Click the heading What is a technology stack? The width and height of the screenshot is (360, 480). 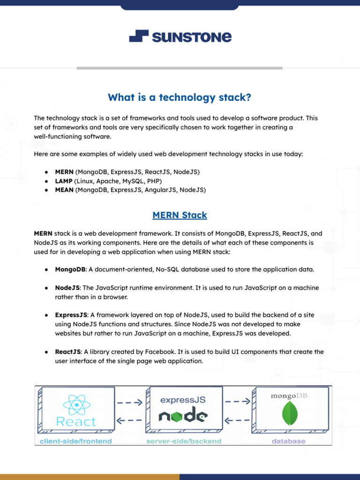(x=180, y=97)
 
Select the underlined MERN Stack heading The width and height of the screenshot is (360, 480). (x=180, y=216)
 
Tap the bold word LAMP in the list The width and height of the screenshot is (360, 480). (x=64, y=181)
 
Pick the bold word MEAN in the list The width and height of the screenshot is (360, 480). (x=64, y=190)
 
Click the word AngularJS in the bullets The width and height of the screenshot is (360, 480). (x=160, y=190)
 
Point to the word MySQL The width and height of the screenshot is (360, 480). (x=132, y=181)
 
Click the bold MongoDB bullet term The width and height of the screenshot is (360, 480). (x=70, y=270)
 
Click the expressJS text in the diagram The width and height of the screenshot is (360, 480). (x=183, y=400)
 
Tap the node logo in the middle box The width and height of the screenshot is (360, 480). (x=183, y=416)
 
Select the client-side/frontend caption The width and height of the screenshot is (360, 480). (x=76, y=441)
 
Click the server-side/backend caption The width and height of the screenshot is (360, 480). (x=184, y=441)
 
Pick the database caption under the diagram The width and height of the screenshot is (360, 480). (x=289, y=441)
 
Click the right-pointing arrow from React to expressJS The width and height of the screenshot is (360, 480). (x=129, y=402)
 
